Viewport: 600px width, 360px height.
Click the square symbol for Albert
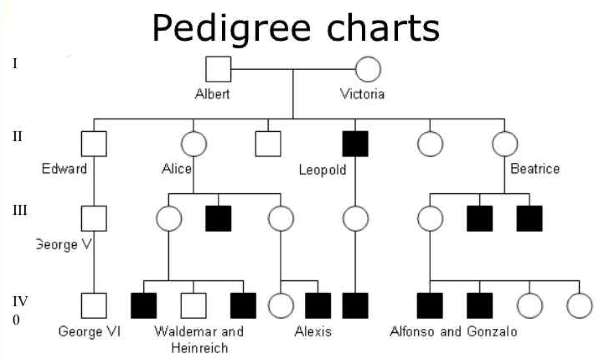click(218, 69)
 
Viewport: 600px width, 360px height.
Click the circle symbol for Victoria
click(368, 69)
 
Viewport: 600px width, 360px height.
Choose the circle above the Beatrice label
click(506, 143)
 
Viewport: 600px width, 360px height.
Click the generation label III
click(19, 212)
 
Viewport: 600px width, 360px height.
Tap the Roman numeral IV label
click(18, 299)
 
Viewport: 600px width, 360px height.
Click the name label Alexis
click(313, 331)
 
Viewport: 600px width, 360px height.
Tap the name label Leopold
click(322, 170)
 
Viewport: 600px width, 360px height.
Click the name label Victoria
click(362, 95)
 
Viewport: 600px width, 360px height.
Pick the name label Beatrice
click(534, 169)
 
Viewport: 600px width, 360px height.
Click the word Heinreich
click(191, 347)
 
